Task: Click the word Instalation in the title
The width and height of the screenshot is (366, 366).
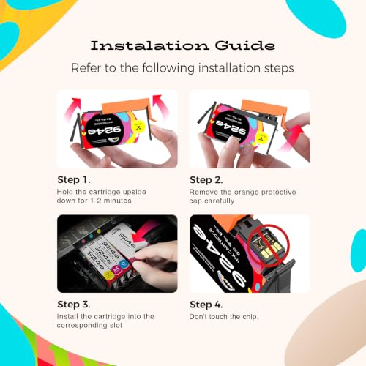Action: pyautogui.click(x=149, y=45)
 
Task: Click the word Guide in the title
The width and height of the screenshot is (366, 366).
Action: pyautogui.click(x=245, y=45)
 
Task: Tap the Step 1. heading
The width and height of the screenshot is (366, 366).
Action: pyautogui.click(x=74, y=180)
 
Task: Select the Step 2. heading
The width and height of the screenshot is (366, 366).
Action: pyautogui.click(x=206, y=180)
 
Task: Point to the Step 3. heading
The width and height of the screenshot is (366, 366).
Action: pyautogui.click(x=74, y=305)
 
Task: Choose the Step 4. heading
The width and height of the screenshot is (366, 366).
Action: pyautogui.click(x=206, y=305)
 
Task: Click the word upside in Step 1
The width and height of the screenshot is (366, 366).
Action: pyautogui.click(x=135, y=192)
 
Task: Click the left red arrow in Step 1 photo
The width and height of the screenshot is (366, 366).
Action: pyautogui.click(x=72, y=108)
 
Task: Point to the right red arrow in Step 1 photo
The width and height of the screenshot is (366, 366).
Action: pyautogui.click(x=160, y=105)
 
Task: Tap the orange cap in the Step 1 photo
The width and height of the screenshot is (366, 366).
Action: pyautogui.click(x=127, y=105)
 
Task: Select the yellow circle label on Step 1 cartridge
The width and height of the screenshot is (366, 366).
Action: pyautogui.click(x=138, y=127)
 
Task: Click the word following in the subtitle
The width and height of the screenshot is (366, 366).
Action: pyautogui.click(x=168, y=68)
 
